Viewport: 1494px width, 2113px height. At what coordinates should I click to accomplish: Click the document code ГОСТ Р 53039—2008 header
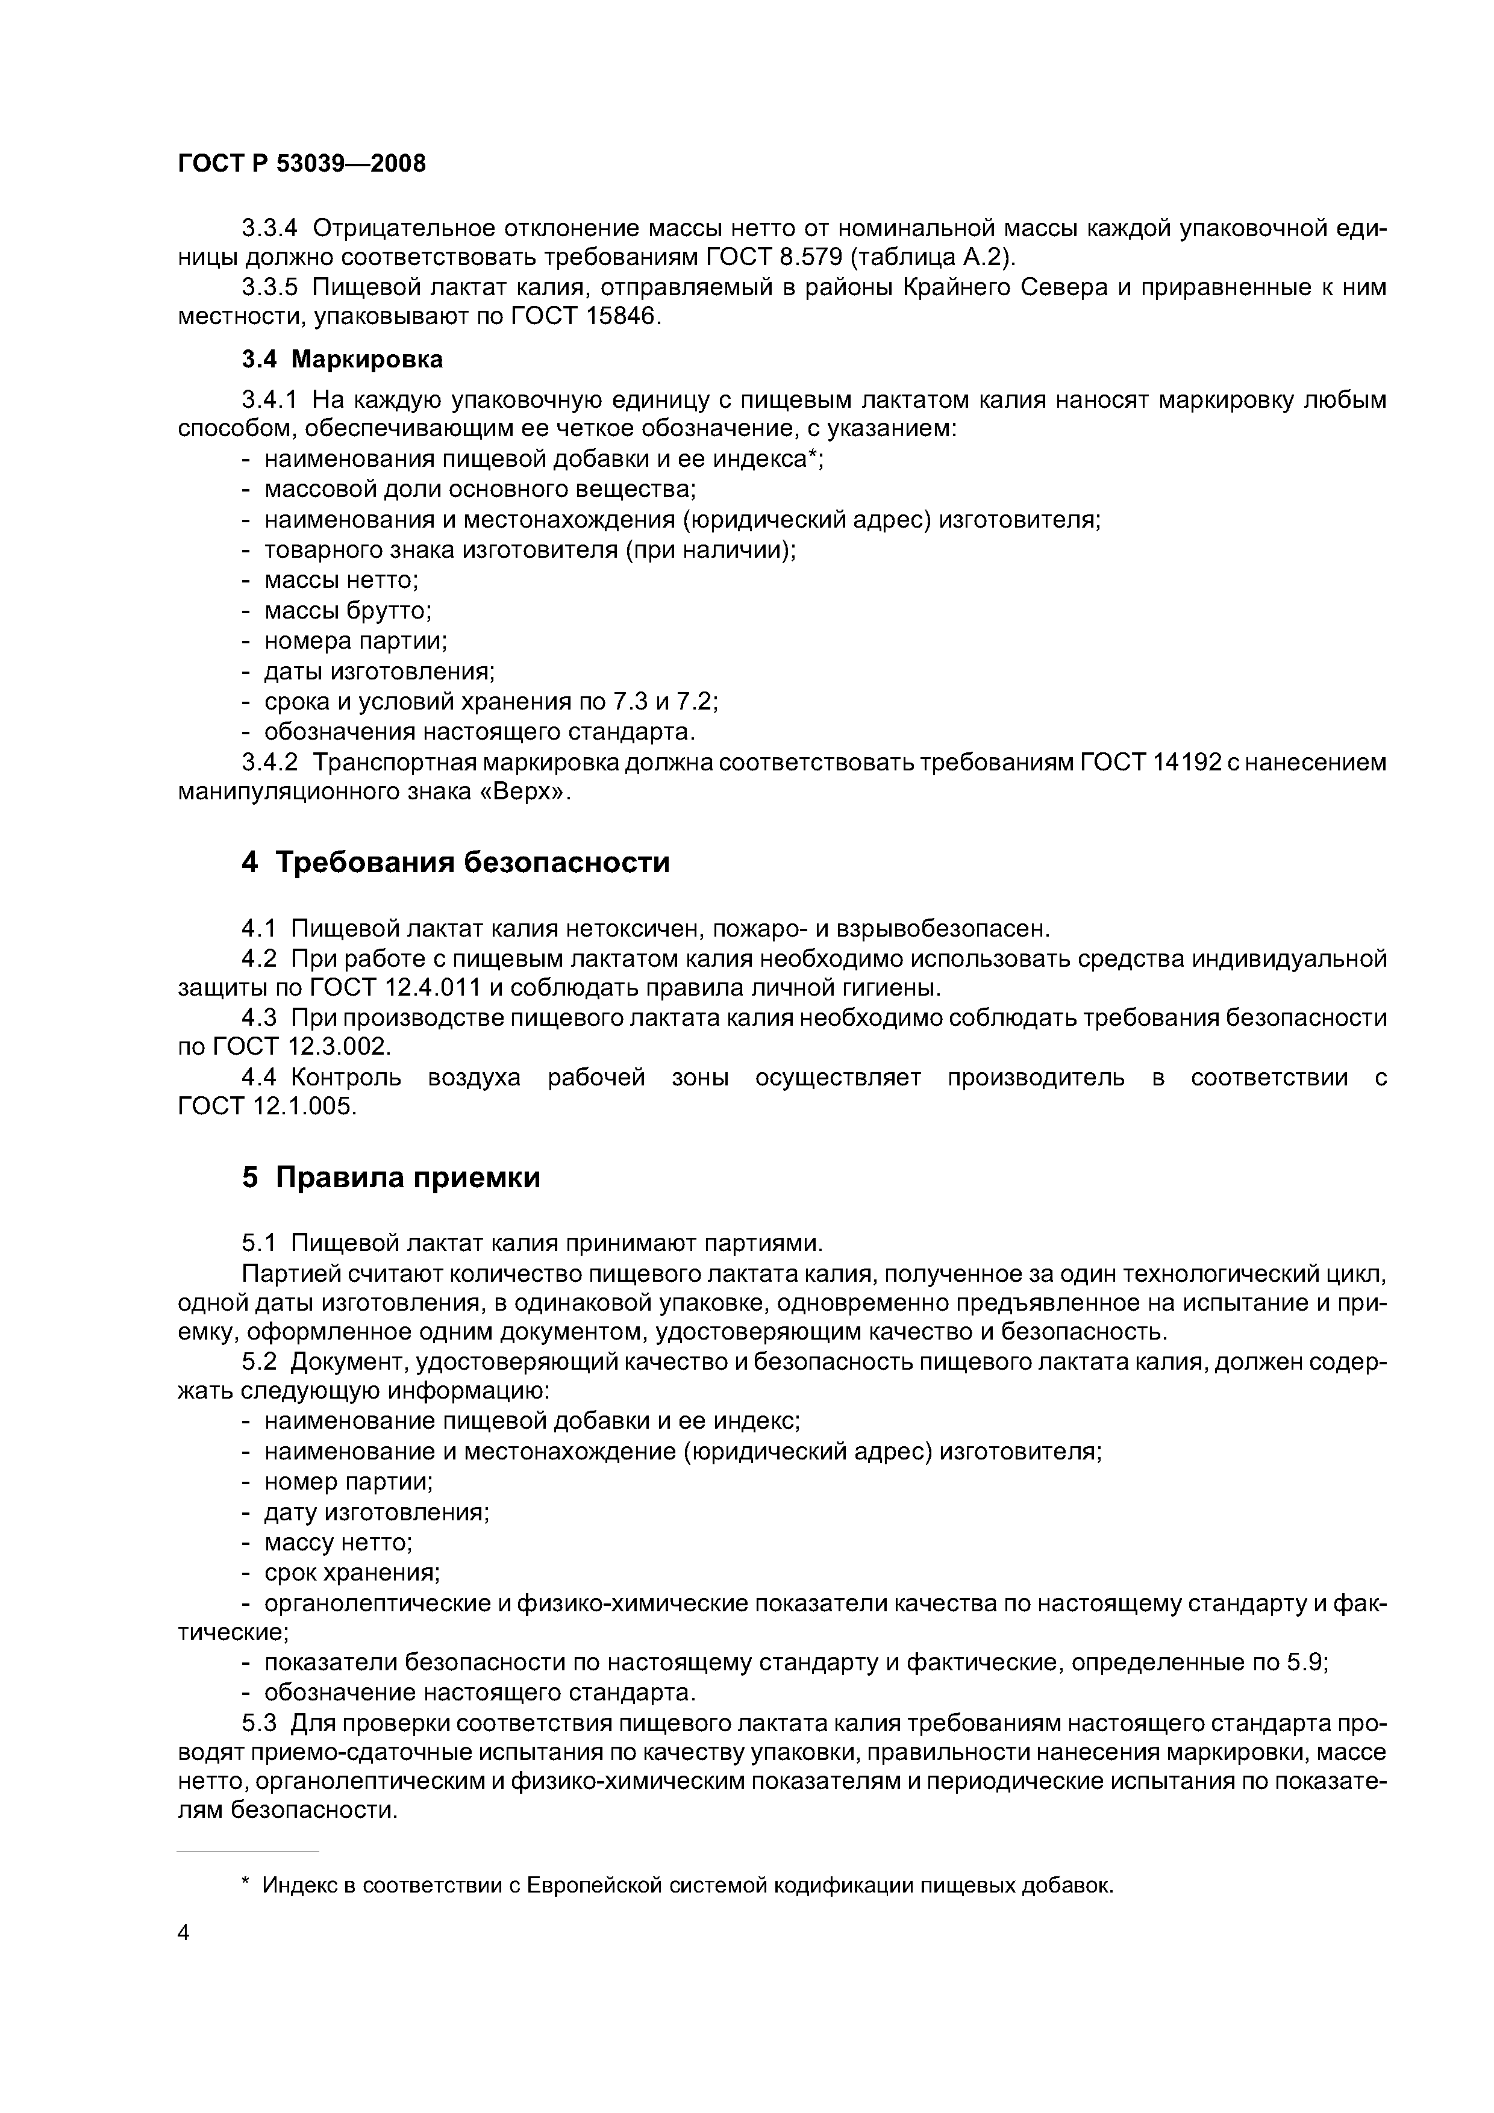(301, 164)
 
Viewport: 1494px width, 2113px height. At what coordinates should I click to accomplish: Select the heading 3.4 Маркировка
(342, 359)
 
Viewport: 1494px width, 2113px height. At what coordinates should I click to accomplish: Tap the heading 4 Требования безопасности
(455, 863)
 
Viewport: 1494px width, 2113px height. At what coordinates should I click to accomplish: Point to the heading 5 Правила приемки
(390, 1177)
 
